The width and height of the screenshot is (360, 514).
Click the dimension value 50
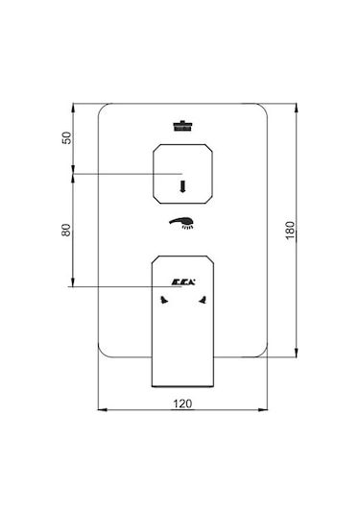coord(66,137)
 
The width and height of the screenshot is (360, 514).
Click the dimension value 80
coord(66,230)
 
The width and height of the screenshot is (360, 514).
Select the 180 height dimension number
coord(290,231)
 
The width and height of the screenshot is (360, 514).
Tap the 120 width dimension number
coord(182,404)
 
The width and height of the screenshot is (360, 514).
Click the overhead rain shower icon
coord(182,126)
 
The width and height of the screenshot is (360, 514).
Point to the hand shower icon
coord(181,223)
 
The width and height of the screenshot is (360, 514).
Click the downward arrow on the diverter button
coord(182,186)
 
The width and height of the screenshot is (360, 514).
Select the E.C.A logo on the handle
coord(183,281)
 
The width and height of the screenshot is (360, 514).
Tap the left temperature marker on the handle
coord(164,300)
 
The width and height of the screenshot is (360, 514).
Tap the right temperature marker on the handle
coord(203,300)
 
